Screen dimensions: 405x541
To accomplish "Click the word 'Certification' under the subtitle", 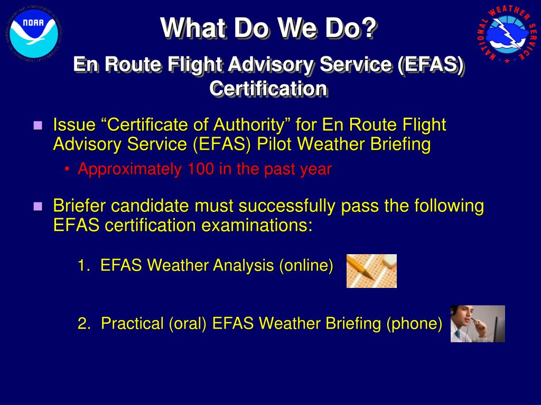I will (x=268, y=88).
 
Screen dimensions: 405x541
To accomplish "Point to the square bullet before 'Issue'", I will (x=38, y=126).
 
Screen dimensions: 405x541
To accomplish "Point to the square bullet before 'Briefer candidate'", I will (x=38, y=206).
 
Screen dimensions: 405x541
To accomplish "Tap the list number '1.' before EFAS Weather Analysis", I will (x=84, y=265).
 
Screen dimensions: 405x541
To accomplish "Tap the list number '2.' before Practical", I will (x=85, y=323).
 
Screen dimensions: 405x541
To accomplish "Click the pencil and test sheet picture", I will (x=371, y=271).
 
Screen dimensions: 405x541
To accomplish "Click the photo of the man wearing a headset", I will (x=478, y=324).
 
